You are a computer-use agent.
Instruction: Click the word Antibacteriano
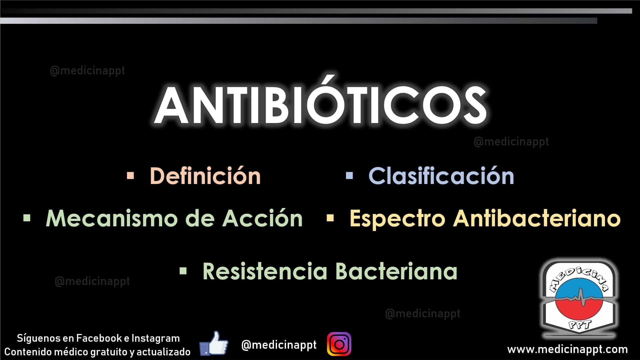click(537, 218)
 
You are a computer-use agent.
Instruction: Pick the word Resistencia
click(265, 271)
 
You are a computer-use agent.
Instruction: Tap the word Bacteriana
click(396, 271)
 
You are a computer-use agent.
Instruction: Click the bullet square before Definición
click(130, 175)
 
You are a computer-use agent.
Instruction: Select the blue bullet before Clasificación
click(349, 175)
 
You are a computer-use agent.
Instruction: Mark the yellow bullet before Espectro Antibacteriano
click(330, 218)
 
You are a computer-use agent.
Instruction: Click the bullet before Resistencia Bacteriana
click(183, 271)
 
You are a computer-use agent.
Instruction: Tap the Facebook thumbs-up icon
click(214, 343)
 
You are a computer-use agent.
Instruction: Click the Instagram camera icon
click(339, 344)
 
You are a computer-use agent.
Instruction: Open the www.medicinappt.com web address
click(567, 350)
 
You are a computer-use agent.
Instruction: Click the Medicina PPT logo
click(579, 298)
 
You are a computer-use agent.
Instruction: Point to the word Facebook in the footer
click(99, 338)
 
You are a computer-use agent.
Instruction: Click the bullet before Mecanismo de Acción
click(27, 218)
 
